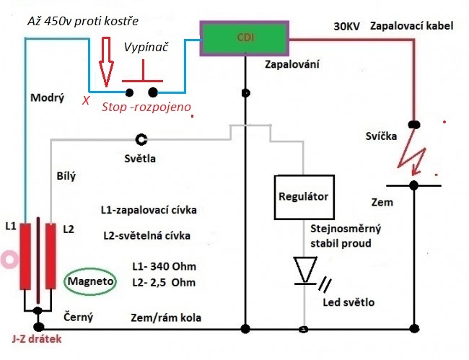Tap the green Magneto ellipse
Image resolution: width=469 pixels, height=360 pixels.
pyautogui.click(x=90, y=281)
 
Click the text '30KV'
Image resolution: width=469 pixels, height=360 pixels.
pyautogui.click(x=348, y=26)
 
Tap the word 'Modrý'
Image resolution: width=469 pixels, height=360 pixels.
pyautogui.click(x=48, y=98)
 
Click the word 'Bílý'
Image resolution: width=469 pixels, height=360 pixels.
pyautogui.click(x=66, y=175)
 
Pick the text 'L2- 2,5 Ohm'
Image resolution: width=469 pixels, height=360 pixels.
pyautogui.click(x=164, y=282)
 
